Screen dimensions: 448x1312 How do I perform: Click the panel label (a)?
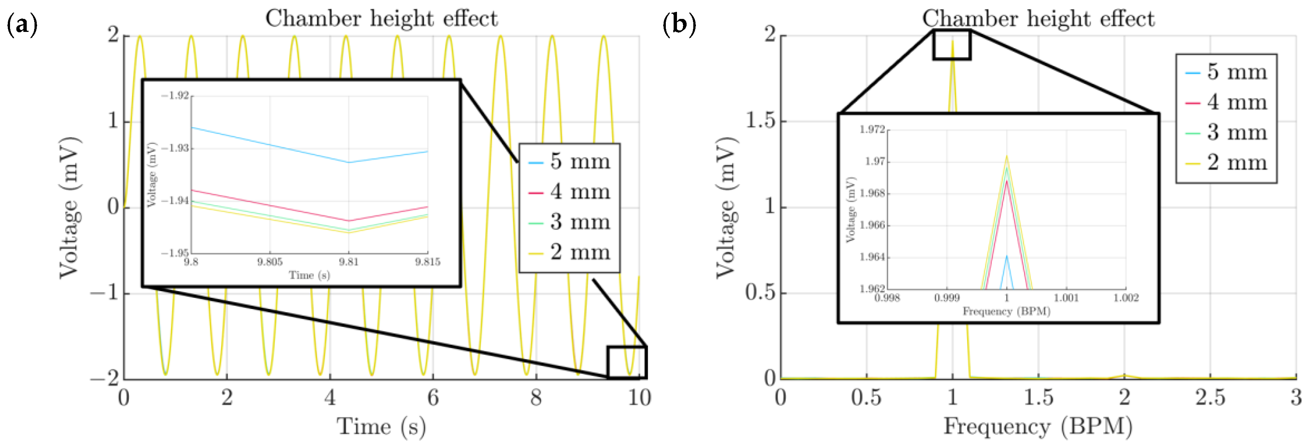point(22,24)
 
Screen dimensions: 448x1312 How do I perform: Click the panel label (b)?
point(679,24)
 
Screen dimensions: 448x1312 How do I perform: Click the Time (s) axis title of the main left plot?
point(381,426)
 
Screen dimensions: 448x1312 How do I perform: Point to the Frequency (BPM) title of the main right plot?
point(1038,426)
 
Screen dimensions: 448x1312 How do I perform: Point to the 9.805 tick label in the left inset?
point(269,262)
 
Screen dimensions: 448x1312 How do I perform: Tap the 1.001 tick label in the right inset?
point(1066,298)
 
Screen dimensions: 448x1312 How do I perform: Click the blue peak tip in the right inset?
point(1007,256)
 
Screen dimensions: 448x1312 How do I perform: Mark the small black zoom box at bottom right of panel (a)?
point(626,362)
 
